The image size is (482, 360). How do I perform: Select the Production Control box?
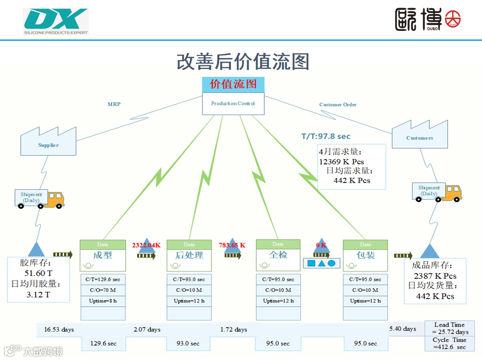pos(233,104)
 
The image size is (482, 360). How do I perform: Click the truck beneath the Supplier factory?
pos(40,199)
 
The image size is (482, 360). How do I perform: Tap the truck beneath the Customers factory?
pos(437,192)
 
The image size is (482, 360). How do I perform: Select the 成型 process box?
pos(103,255)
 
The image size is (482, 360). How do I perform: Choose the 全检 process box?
pos(278,255)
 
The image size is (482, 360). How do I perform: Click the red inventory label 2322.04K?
pos(146,245)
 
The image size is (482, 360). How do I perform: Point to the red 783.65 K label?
pos(232,245)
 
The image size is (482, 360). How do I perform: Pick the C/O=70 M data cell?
pos(103,290)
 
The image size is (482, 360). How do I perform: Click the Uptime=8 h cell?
pos(103,301)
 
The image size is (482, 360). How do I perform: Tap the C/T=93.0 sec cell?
pos(189,279)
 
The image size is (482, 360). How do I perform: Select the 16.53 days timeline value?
pos(59,329)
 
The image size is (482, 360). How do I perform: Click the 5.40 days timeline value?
pos(402,329)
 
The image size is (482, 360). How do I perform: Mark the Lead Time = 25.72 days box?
pos(449,328)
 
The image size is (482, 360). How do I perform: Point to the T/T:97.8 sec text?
pos(326,136)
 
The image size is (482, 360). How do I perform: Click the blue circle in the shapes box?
pos(332,263)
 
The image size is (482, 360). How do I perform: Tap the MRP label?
pos(114,104)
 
